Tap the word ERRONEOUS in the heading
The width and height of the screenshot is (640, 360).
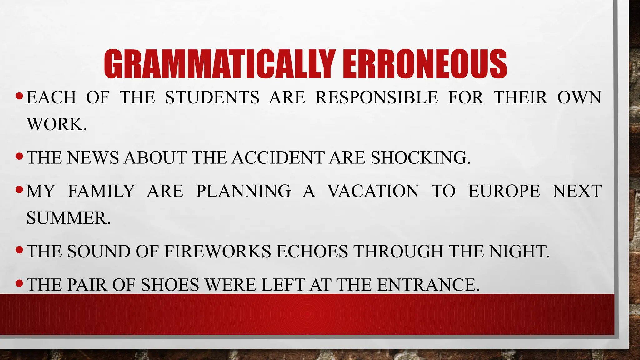[425, 64]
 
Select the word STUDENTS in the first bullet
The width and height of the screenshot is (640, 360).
[212, 97]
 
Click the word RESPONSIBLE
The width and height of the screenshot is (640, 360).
[377, 97]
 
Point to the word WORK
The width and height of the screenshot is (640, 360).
[56, 124]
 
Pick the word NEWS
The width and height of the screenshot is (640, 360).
[93, 157]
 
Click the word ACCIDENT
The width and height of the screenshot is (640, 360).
[278, 157]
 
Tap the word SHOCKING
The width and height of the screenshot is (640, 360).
[420, 157]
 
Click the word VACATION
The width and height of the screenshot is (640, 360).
[373, 191]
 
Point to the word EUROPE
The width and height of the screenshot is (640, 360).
[504, 191]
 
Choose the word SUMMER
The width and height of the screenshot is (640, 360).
[68, 218]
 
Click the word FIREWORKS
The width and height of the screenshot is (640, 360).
[217, 252]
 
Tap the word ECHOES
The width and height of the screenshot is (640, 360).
[312, 252]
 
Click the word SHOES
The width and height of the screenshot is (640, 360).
[170, 285]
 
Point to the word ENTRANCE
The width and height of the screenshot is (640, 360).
[428, 285]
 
